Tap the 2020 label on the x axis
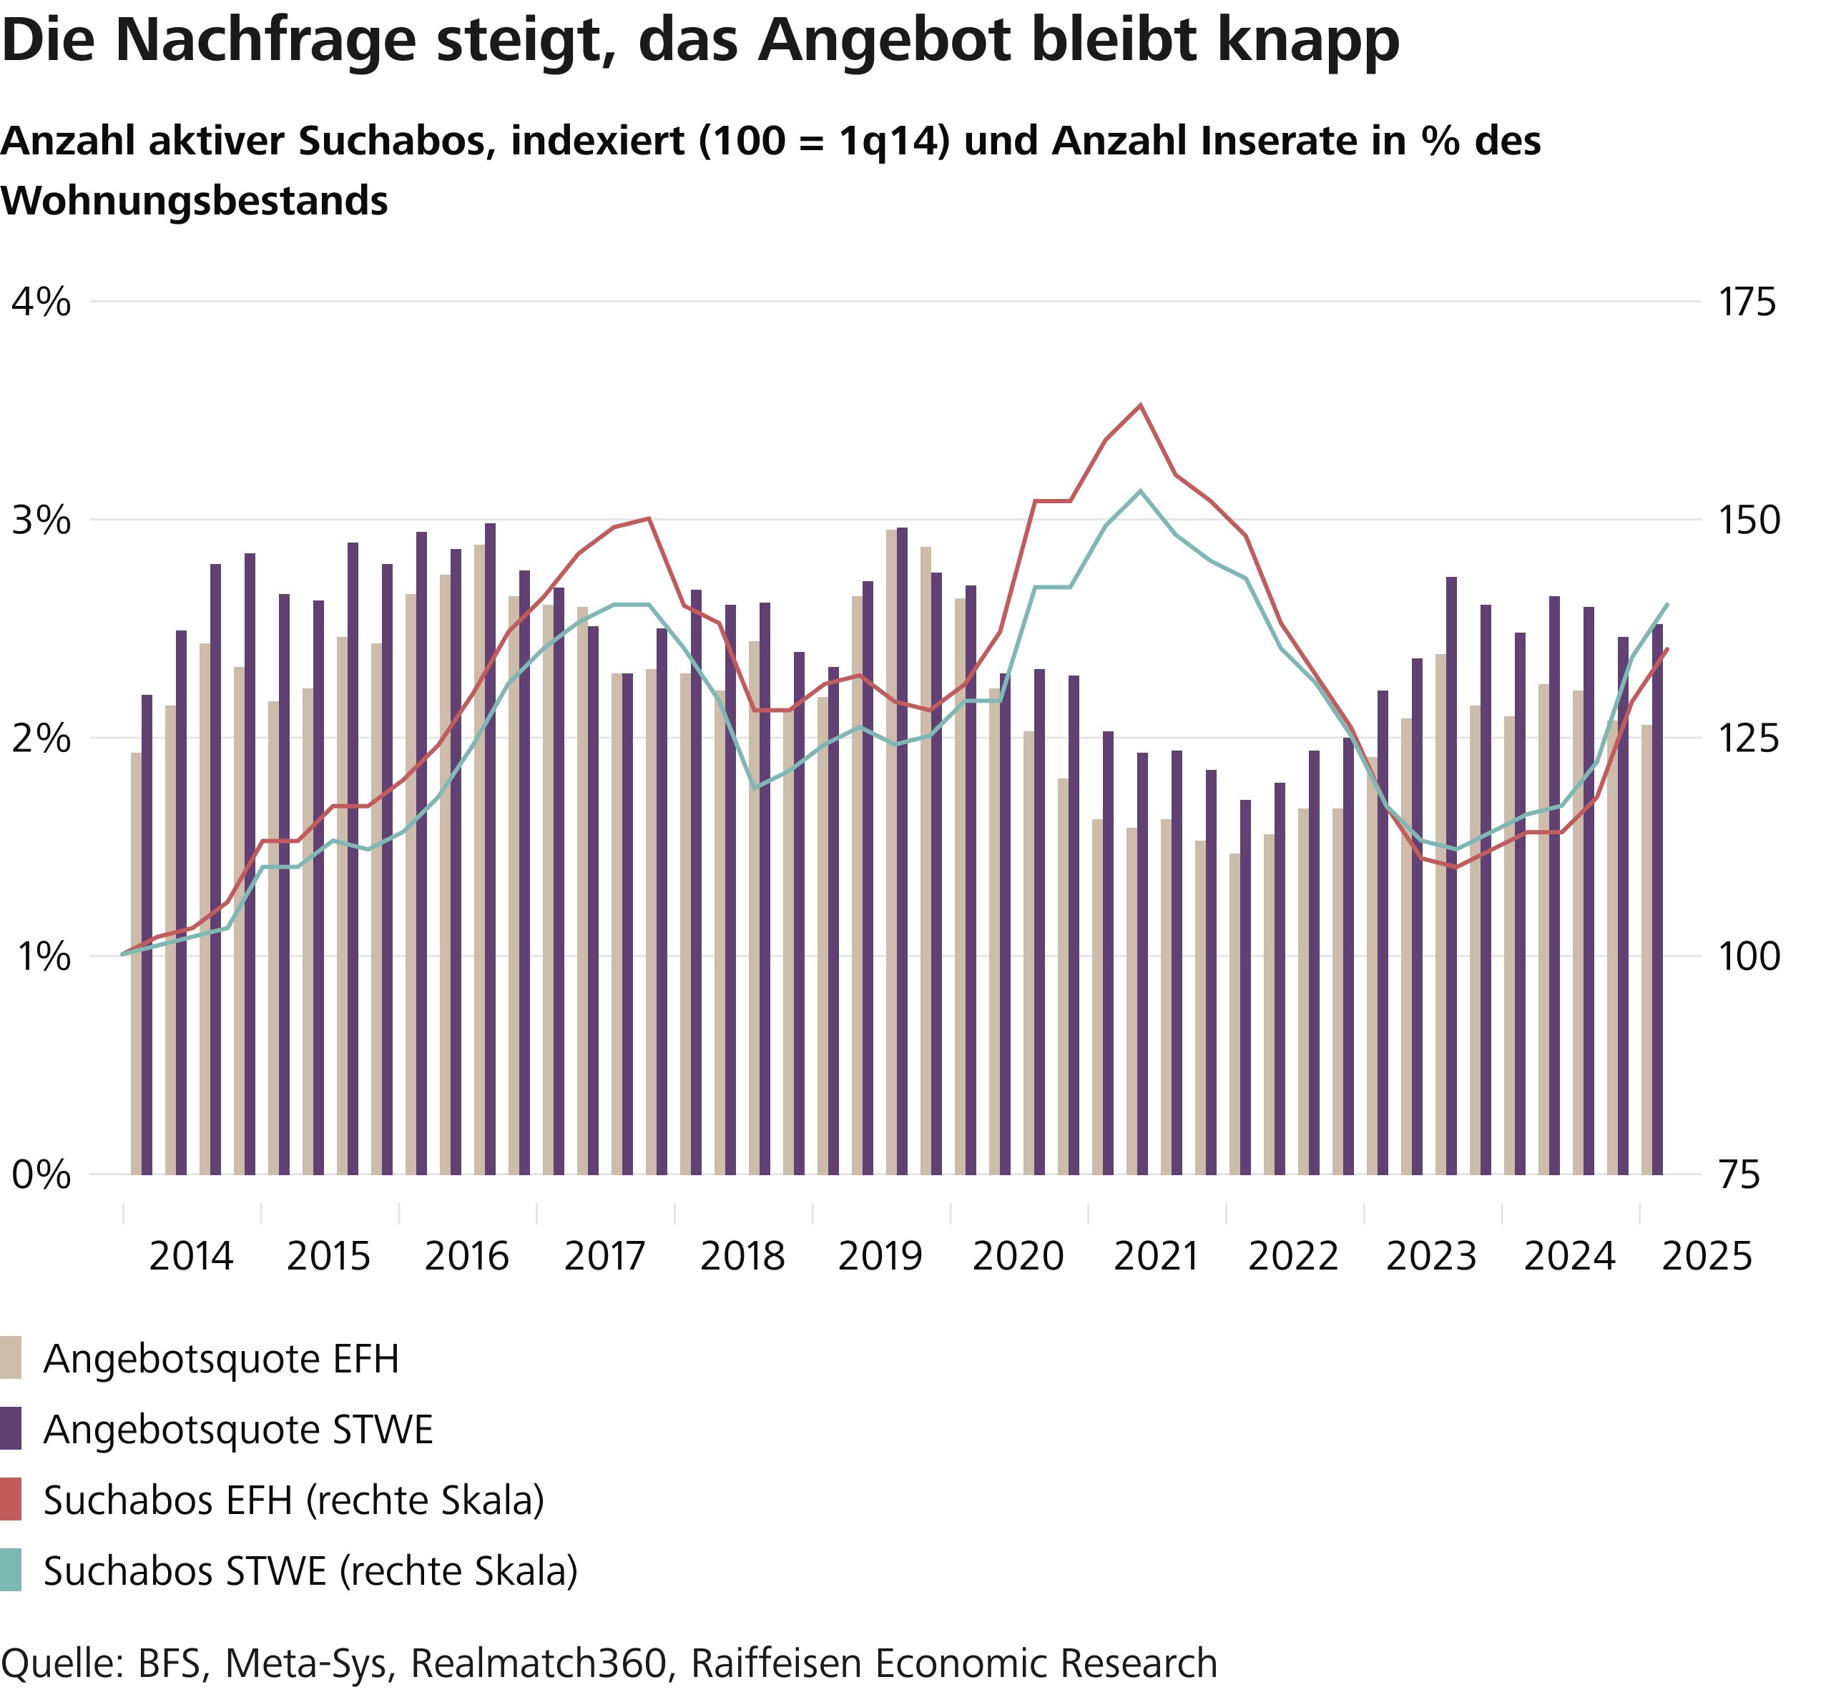coord(1018,1256)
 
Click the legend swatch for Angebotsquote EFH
coord(11,1357)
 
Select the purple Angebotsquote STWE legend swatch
coord(11,1428)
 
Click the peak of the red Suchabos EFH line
coord(1139,405)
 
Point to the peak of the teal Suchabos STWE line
coord(1139,491)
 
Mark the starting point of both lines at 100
coord(123,954)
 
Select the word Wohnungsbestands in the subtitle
coord(194,202)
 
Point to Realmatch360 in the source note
coord(539,1663)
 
